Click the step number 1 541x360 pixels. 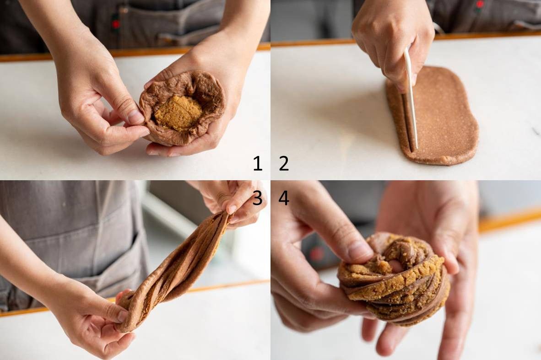257,163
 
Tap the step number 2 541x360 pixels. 284,163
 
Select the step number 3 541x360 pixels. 257,198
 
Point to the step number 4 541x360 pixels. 284,198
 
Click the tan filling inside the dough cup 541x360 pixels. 178,111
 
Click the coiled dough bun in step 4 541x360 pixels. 393,279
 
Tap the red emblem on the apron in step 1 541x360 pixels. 116,24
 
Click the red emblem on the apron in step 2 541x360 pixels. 480,5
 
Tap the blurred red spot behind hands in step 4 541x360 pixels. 317,253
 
